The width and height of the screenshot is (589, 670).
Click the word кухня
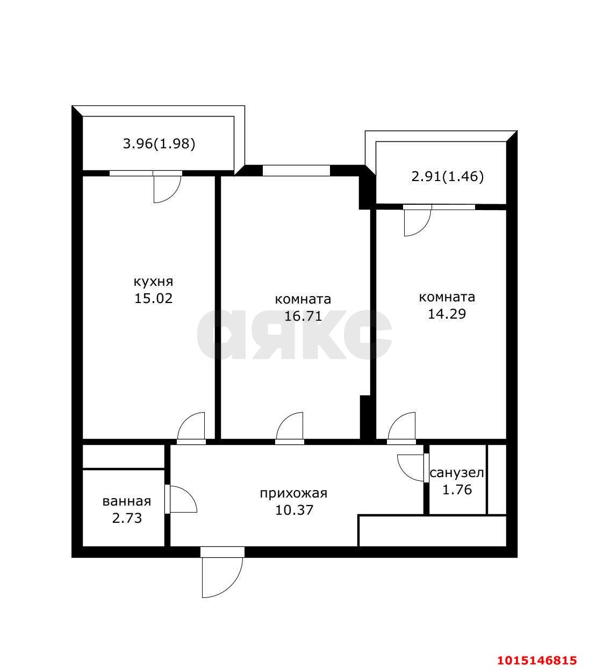point(153,282)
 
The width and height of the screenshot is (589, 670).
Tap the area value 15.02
point(153,299)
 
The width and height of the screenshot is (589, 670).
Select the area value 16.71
point(303,316)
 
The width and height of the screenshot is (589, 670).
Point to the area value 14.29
point(447,314)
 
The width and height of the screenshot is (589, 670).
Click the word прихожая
point(293,493)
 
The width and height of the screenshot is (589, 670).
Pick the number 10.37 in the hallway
point(294,510)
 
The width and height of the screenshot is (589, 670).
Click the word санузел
point(457,473)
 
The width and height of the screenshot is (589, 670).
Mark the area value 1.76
point(457,490)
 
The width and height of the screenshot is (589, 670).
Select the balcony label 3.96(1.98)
point(159,143)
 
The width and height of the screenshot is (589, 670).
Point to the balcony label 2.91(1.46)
point(447,176)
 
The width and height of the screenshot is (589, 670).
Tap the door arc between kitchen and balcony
point(167,190)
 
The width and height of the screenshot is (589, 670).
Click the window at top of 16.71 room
point(296,170)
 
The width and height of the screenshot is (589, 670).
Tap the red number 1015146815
point(537,659)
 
